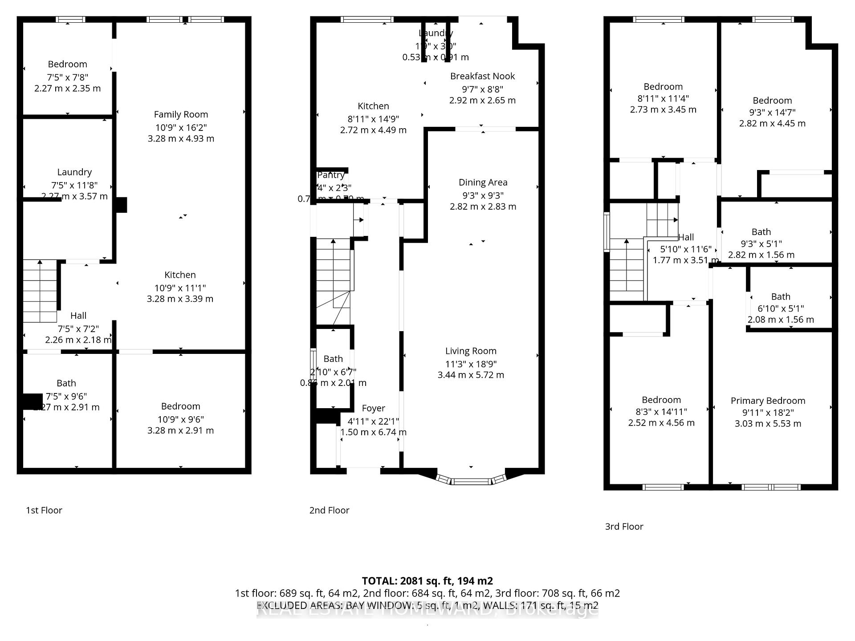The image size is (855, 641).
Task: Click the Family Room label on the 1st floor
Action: tap(181, 114)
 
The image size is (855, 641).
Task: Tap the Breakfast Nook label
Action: tap(482, 76)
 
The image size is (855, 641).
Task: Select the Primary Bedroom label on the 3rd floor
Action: tap(768, 401)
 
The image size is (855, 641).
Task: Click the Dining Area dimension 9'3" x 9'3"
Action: tap(483, 195)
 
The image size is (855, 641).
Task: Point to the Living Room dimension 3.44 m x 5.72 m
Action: tap(471, 375)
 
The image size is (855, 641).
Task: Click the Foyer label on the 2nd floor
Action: tap(373, 408)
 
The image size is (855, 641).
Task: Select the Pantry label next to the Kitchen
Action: tap(331, 175)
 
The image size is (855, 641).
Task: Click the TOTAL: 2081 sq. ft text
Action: tap(427, 581)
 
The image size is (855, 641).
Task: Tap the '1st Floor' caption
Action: tap(44, 510)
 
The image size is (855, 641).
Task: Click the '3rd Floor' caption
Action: tap(624, 527)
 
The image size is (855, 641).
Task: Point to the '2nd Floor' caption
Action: tap(329, 510)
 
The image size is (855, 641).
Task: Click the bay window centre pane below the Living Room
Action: tap(471, 481)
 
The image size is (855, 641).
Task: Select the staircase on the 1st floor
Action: tap(40, 291)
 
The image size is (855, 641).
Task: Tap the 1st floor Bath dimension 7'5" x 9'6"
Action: tap(66, 396)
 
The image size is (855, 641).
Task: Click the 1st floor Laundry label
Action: tap(74, 172)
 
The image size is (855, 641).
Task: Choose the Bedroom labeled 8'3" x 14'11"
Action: tap(661, 400)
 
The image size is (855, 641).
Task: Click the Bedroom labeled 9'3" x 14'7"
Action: tap(772, 101)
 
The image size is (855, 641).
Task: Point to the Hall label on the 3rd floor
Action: tap(686, 237)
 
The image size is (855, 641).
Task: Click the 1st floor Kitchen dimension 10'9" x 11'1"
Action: tap(180, 288)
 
